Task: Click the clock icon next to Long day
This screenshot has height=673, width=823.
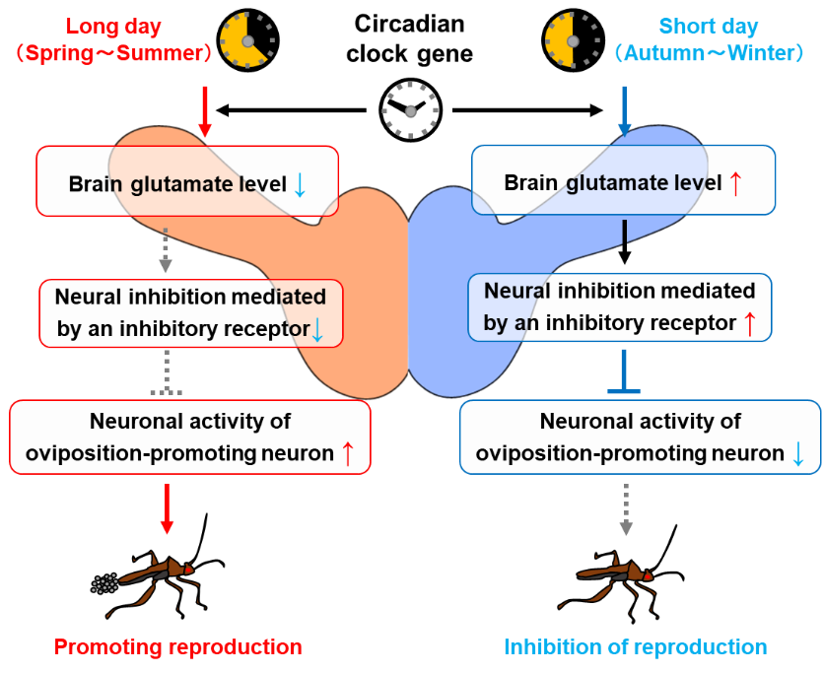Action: click(x=248, y=39)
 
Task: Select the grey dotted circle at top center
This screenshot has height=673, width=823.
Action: click(x=410, y=111)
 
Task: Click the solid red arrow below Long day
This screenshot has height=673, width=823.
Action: click(x=205, y=110)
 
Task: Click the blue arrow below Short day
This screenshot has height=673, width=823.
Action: click(x=624, y=111)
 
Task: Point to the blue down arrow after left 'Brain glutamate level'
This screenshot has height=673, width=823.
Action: click(x=301, y=183)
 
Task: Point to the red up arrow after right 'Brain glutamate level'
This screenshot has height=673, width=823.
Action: click(x=733, y=182)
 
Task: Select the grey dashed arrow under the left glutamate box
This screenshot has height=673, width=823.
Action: click(x=166, y=251)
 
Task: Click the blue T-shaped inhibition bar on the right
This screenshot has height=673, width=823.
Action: click(x=624, y=372)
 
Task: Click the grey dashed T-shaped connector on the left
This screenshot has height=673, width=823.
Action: click(x=166, y=374)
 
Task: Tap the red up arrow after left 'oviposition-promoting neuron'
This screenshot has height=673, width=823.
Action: click(x=347, y=453)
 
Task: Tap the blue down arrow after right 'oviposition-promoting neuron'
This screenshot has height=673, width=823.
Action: click(x=797, y=453)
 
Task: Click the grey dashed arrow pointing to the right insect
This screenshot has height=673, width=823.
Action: click(x=625, y=509)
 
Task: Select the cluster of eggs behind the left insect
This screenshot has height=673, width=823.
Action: click(x=104, y=583)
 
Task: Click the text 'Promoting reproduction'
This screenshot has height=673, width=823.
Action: click(x=177, y=647)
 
